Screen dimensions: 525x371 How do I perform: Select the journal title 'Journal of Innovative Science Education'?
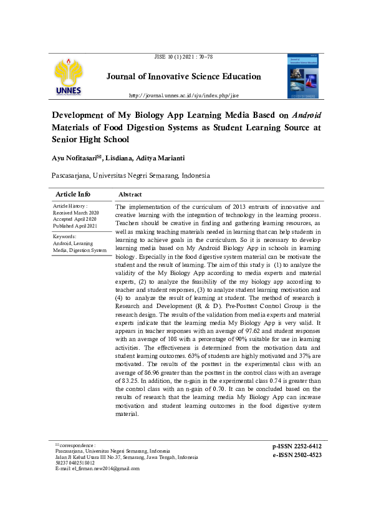(x=183, y=77)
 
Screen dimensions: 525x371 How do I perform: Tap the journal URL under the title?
(x=183, y=95)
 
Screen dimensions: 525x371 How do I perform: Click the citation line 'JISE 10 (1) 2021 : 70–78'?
(x=183, y=57)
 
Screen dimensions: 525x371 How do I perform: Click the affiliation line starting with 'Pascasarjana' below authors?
(x=131, y=176)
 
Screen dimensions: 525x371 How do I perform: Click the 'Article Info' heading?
(x=73, y=195)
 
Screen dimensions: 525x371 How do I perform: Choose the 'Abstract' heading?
(x=130, y=195)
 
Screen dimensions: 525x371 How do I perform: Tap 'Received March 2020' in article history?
(x=76, y=213)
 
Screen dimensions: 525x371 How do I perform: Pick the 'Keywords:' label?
(x=65, y=237)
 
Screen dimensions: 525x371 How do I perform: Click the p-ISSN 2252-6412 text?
(x=297, y=446)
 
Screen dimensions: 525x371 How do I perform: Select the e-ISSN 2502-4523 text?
(x=297, y=455)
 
